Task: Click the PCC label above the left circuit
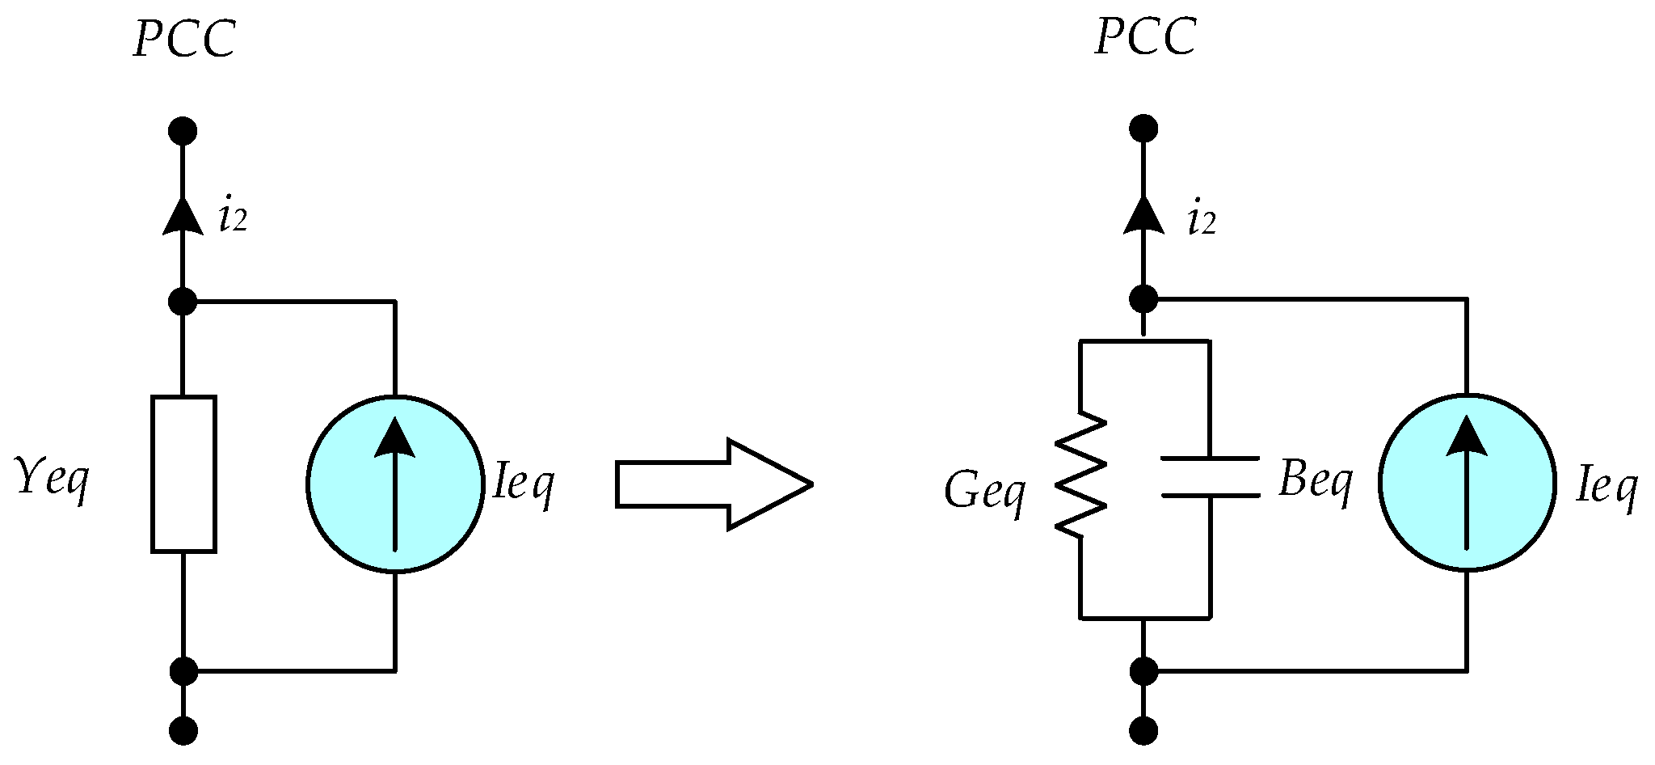[184, 39]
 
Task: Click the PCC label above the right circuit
[1145, 37]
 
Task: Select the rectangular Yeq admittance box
[183, 474]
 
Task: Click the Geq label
[985, 491]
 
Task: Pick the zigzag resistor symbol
[1080, 475]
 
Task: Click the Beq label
[1316, 482]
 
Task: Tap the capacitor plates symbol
[1210, 477]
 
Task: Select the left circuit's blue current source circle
[395, 484]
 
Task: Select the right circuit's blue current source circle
[1467, 482]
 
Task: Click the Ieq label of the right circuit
[1607, 487]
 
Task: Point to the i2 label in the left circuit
[233, 218]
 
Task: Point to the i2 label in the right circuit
[1202, 219]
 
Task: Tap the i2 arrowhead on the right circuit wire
[1143, 217]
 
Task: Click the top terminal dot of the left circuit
[183, 130]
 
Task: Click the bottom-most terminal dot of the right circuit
[1143, 732]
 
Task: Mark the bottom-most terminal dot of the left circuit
[183, 732]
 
